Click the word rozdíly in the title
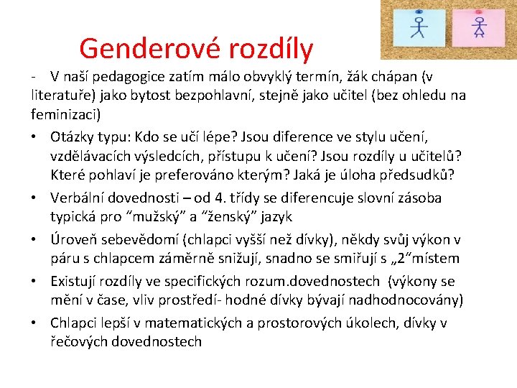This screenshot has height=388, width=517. pos(270,49)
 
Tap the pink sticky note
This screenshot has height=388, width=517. pos(479,27)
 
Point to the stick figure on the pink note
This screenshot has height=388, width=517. pos(479,27)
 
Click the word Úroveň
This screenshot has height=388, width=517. pos(74,239)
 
